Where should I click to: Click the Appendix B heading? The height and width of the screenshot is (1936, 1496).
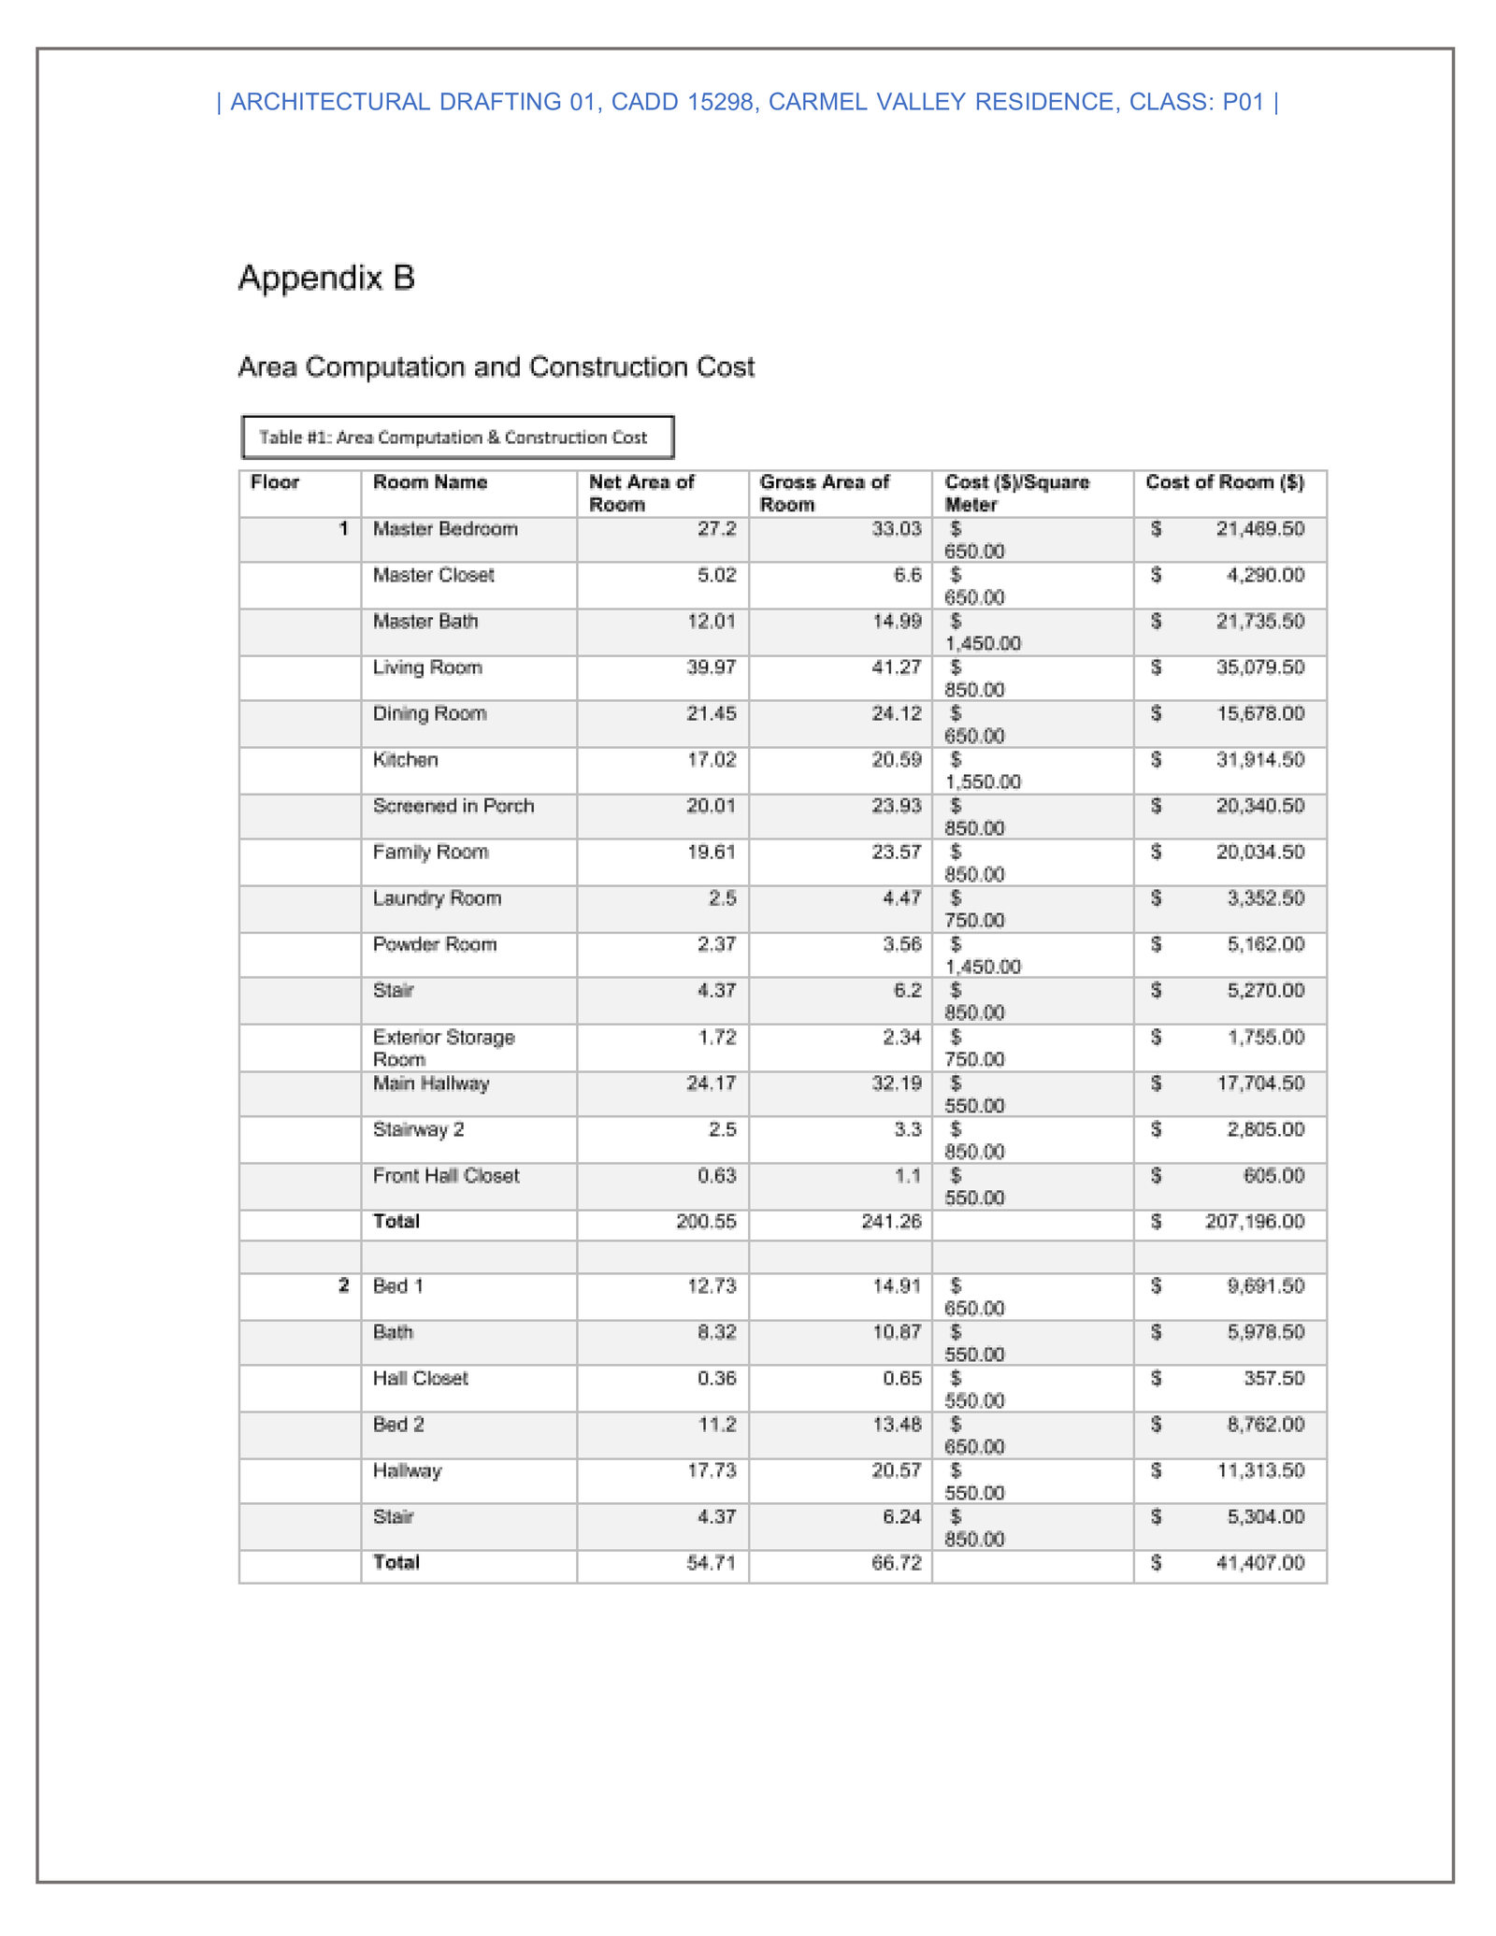click(x=326, y=278)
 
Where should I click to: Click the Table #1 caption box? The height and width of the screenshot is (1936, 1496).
click(x=456, y=437)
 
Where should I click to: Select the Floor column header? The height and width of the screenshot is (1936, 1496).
click(x=275, y=482)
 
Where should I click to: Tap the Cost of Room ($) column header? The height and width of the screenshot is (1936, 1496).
click(x=1224, y=482)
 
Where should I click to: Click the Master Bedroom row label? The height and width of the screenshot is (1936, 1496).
click(x=445, y=529)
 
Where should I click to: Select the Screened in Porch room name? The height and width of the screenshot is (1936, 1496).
click(x=453, y=806)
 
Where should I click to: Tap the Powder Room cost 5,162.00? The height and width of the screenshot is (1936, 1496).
click(x=1265, y=944)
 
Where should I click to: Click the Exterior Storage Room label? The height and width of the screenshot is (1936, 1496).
click(x=443, y=1048)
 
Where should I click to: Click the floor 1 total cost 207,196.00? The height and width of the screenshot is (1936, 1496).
click(x=1254, y=1222)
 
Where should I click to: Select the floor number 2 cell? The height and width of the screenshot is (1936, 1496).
click(x=343, y=1286)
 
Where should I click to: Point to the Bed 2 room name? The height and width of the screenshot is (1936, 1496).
click(x=398, y=1425)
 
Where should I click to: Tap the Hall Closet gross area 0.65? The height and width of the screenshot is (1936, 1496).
click(x=901, y=1379)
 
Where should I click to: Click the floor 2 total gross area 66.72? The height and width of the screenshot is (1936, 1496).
click(x=896, y=1563)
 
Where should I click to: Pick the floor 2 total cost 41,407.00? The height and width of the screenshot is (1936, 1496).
click(x=1259, y=1563)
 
